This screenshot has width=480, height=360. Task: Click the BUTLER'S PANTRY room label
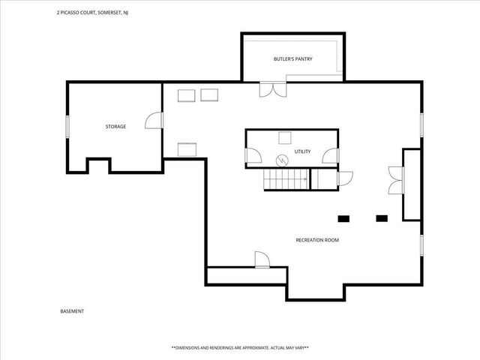click(x=293, y=58)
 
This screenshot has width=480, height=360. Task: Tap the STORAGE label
click(x=115, y=127)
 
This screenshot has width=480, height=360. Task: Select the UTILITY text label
click(x=302, y=151)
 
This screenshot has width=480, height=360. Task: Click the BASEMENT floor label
click(x=72, y=311)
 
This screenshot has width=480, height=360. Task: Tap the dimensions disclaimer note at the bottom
click(x=240, y=348)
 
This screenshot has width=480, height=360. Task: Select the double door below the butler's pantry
click(x=271, y=89)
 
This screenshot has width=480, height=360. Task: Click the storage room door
click(x=154, y=121)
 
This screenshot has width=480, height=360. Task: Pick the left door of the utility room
click(x=253, y=156)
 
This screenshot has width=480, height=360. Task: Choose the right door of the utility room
click(x=331, y=156)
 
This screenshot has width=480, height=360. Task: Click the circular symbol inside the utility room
click(x=282, y=159)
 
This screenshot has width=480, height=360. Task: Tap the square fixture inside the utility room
click(x=285, y=137)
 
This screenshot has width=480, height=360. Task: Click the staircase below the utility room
click(x=285, y=179)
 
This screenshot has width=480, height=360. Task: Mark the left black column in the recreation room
click(x=344, y=218)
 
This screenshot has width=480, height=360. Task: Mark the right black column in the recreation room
click(x=382, y=218)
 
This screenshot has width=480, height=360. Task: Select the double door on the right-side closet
click(x=396, y=182)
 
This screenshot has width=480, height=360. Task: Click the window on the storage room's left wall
click(x=67, y=127)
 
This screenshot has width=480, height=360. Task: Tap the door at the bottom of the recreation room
click(x=262, y=259)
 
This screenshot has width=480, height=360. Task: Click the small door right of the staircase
click(x=344, y=178)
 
